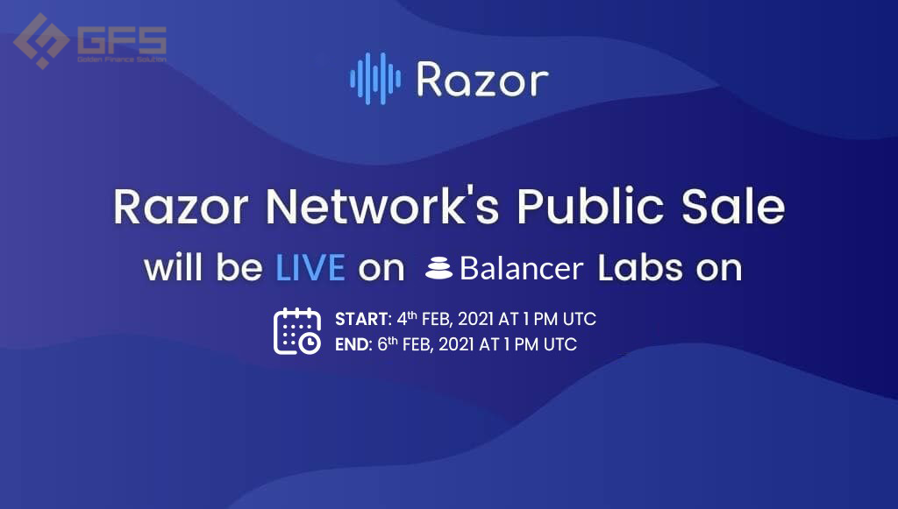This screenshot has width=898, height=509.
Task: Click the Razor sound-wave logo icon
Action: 375,79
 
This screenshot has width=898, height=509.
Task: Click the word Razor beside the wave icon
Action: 482,80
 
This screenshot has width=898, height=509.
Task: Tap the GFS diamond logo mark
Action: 41,41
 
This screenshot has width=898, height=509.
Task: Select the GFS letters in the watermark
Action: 121,40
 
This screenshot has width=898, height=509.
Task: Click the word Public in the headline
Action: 590,206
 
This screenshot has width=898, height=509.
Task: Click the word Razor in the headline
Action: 181,207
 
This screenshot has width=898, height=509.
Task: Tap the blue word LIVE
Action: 310,268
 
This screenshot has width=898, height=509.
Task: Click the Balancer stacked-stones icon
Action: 439,268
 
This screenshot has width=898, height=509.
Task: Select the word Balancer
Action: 521,268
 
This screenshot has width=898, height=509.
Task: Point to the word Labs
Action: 640,268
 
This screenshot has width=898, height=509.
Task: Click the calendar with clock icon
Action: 296,331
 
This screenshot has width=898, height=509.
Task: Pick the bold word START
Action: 361,319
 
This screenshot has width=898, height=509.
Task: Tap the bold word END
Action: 353,344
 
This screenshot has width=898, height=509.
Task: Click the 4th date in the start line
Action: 407,318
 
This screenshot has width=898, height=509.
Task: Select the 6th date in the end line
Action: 388,343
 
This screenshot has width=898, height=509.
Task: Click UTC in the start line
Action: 580,319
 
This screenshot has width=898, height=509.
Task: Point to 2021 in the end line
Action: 456,345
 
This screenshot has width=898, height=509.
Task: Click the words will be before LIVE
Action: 203,268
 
